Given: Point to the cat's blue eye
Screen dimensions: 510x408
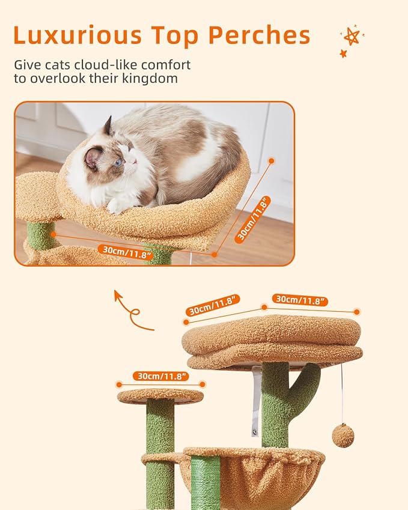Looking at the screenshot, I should coord(118,162).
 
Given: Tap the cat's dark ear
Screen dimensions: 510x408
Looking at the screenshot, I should coord(108,127).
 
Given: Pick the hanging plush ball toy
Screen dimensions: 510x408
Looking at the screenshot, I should coord(343,436).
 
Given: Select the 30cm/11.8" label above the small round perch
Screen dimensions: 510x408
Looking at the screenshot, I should coord(160,375).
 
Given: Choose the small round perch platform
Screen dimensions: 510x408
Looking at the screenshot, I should coord(160,395).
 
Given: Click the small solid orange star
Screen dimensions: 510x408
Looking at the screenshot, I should coord(344,53).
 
